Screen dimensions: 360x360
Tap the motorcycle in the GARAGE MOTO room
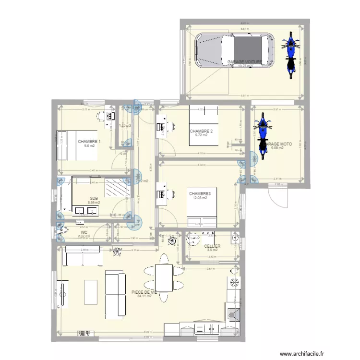262,135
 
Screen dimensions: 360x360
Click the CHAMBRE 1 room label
89,142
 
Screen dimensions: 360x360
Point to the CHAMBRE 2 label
201,131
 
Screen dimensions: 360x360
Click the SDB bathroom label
94,198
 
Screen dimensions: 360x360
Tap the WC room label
84,232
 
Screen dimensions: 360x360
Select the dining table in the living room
164,278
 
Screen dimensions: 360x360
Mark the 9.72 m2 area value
201,135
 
